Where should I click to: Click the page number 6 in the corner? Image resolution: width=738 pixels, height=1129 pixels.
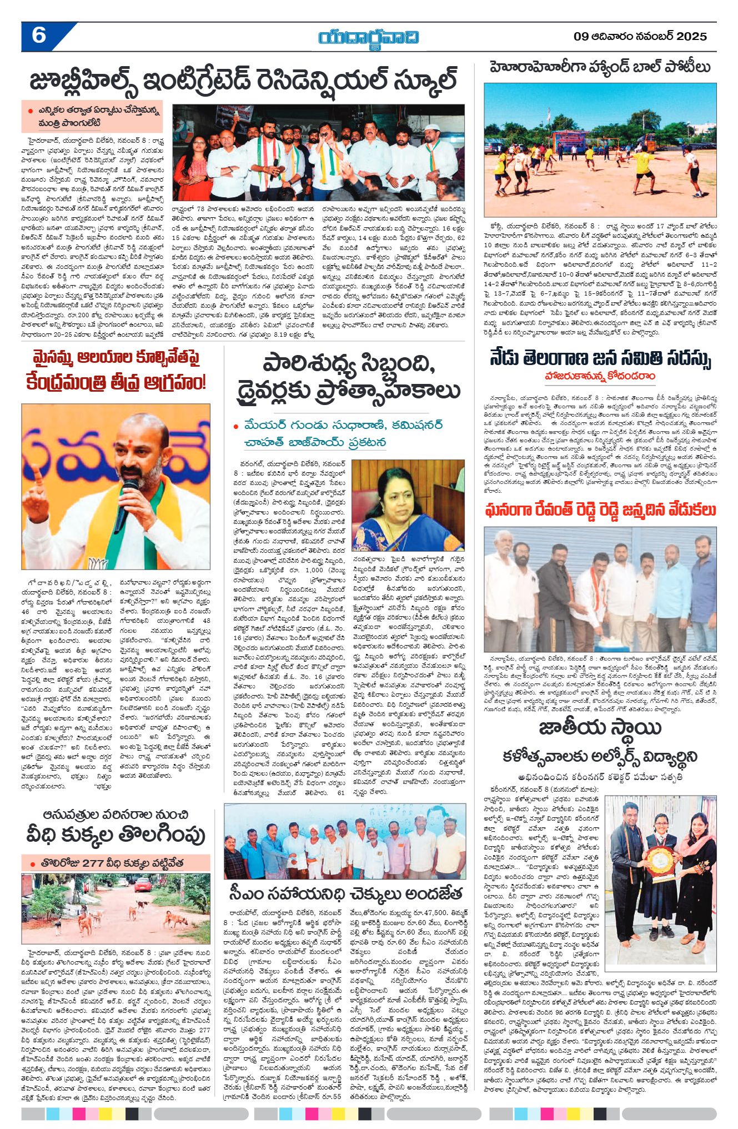(39, 36)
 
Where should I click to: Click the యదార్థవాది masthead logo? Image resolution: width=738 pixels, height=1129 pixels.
(369, 37)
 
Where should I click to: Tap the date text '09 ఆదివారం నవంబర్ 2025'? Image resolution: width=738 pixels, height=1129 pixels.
(640, 37)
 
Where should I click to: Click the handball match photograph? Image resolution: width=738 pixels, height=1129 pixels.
(600, 150)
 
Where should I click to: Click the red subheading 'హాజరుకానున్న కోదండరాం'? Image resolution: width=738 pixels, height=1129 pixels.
(600, 377)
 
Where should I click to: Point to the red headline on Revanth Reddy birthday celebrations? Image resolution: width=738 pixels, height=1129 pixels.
(600, 509)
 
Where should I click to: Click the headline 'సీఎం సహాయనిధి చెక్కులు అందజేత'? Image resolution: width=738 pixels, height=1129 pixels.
(345, 894)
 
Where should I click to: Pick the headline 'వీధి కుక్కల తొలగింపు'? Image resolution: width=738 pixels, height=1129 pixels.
(116, 835)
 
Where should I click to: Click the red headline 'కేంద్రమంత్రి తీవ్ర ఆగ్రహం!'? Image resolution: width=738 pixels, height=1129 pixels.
(116, 382)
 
